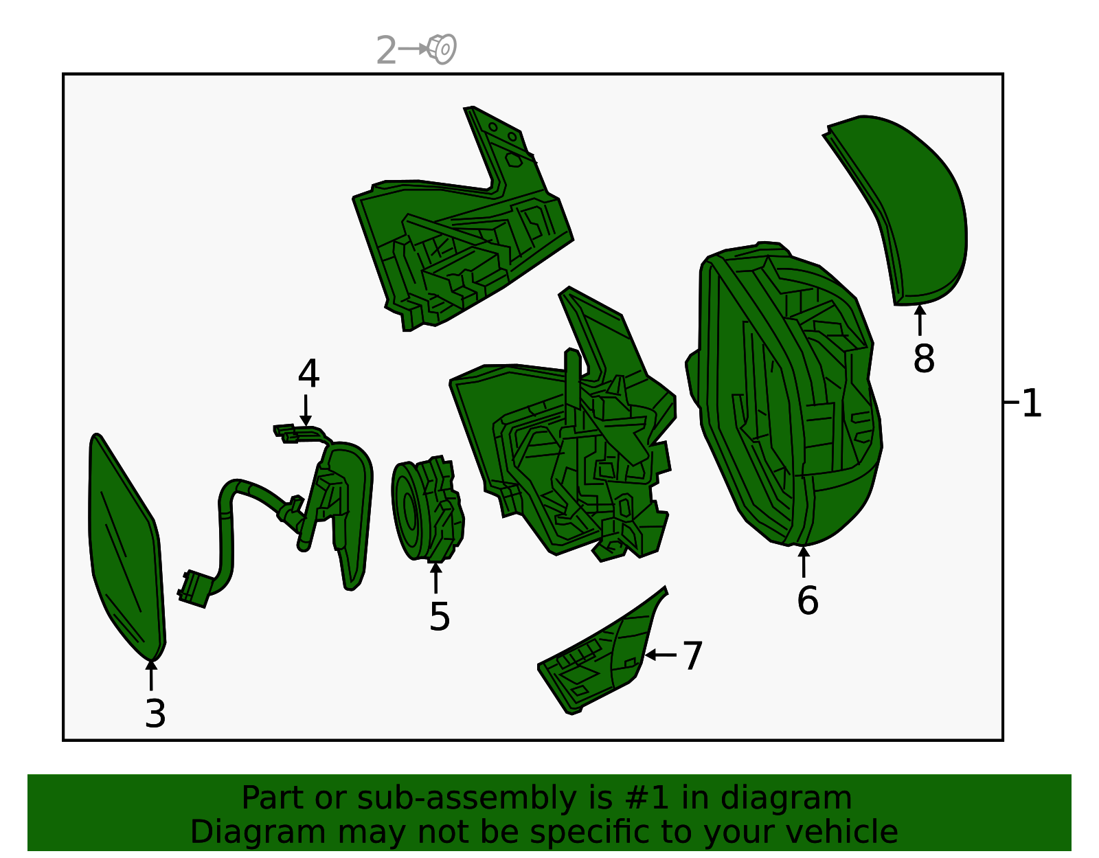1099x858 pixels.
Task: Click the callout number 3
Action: pyautogui.click(x=155, y=714)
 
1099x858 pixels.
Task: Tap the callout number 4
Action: pyautogui.click(x=308, y=374)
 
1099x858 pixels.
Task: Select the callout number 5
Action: pyautogui.click(x=440, y=617)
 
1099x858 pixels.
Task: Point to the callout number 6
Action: pyautogui.click(x=808, y=600)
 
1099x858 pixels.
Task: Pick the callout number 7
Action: pyautogui.click(x=693, y=656)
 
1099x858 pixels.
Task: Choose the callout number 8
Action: pyautogui.click(x=924, y=359)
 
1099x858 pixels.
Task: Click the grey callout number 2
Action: pyautogui.click(x=387, y=50)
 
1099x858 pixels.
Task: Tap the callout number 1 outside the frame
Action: pyautogui.click(x=1032, y=403)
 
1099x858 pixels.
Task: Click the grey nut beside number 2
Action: pyautogui.click(x=442, y=49)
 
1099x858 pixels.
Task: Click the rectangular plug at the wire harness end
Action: pyautogui.click(x=194, y=589)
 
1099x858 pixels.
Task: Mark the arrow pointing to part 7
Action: pyautogui.click(x=661, y=655)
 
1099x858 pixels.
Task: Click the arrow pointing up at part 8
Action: pyautogui.click(x=920, y=320)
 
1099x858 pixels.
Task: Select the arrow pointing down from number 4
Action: pyautogui.click(x=306, y=410)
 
